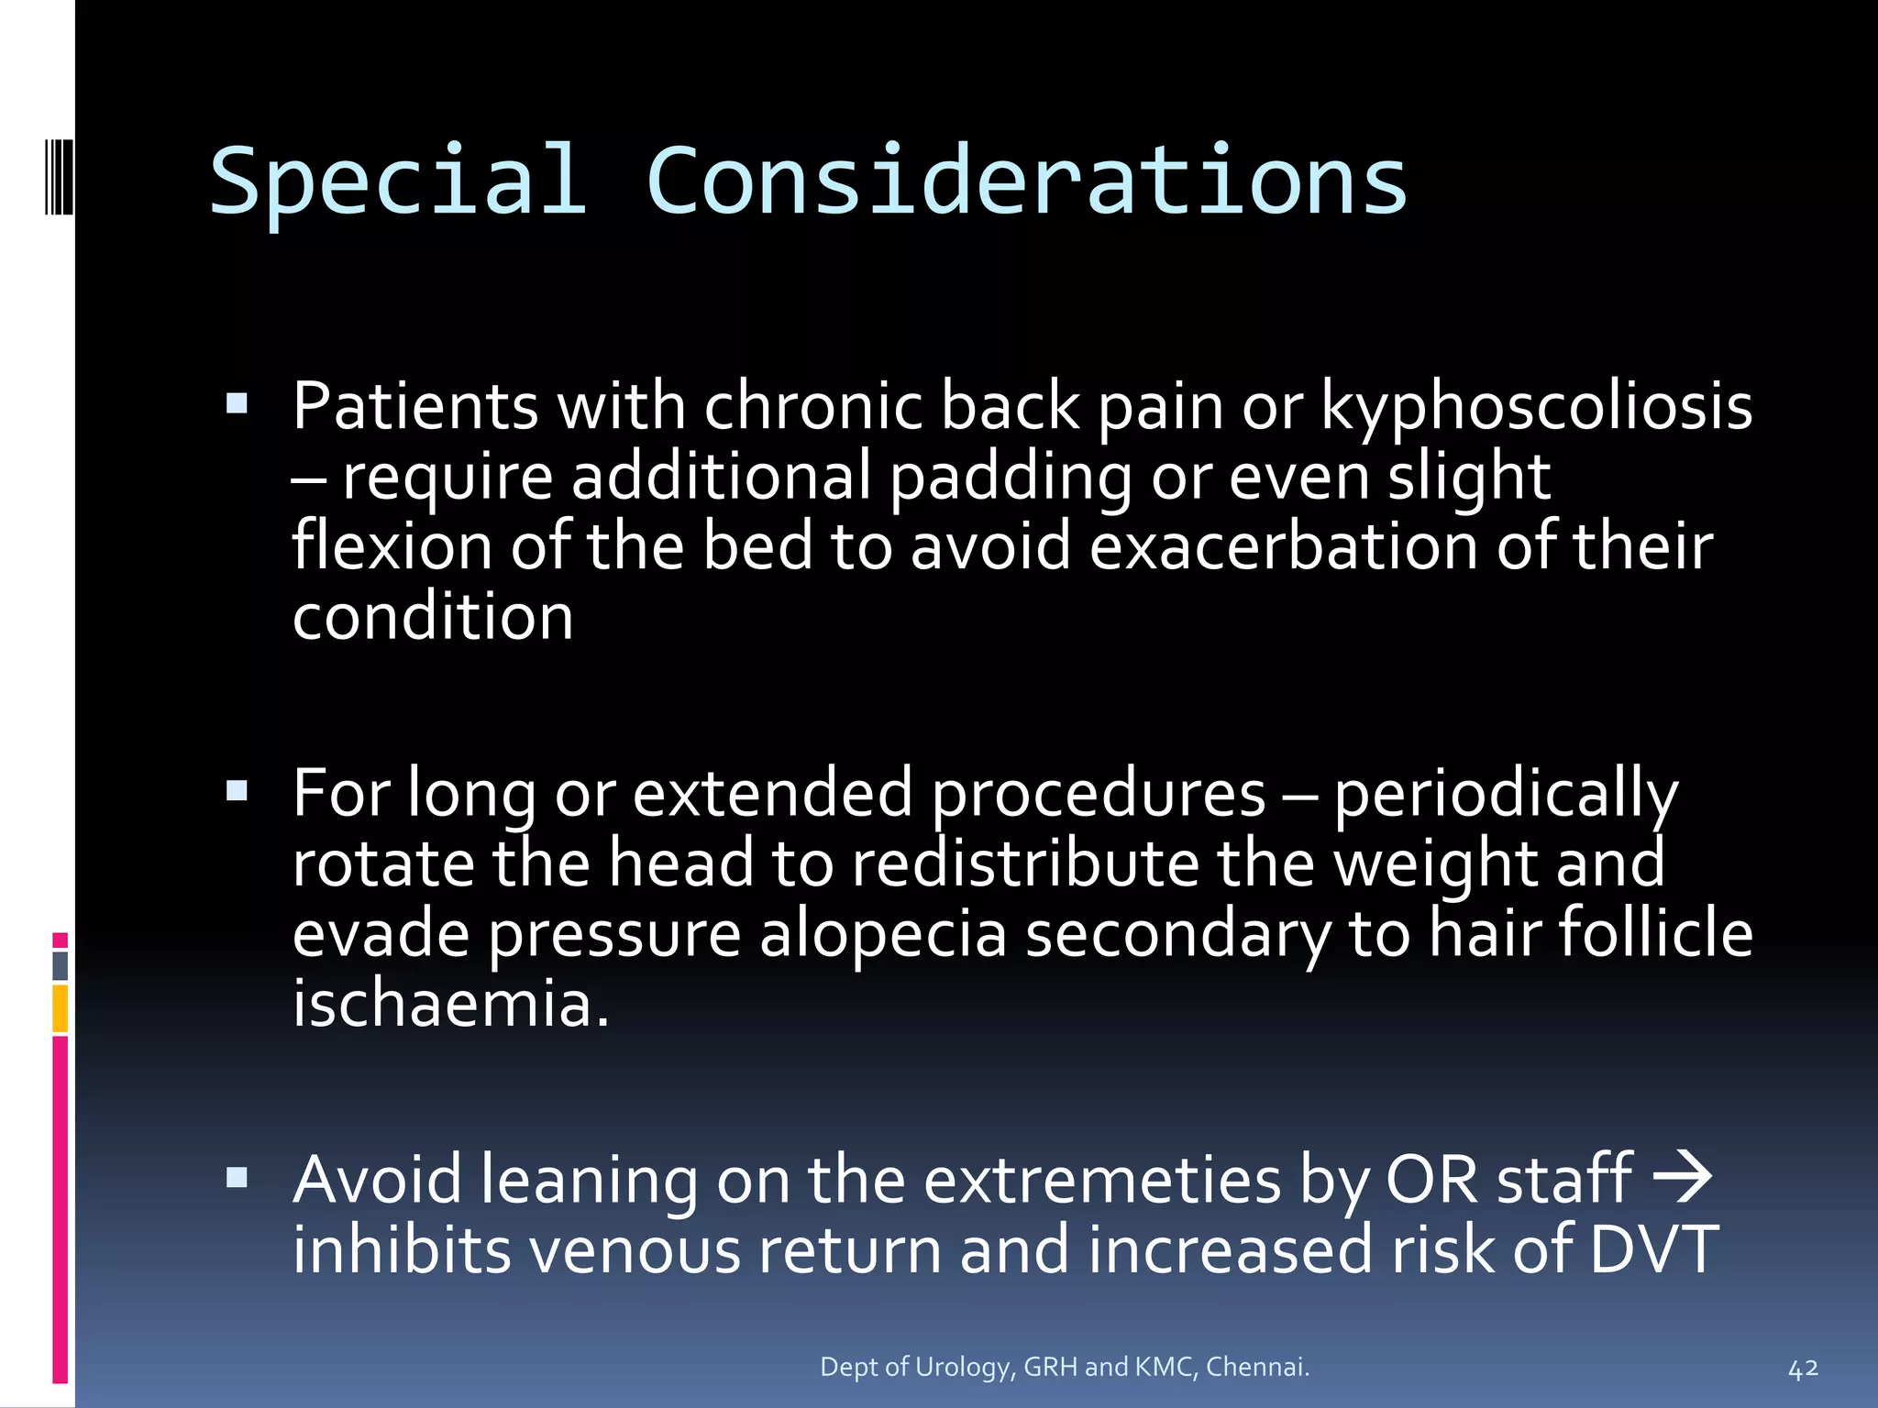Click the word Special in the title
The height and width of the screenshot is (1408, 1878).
[x=398, y=182]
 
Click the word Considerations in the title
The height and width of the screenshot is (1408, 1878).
[x=1026, y=182]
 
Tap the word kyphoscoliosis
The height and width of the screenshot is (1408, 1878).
[x=1536, y=407]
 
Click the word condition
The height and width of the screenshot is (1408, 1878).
[x=433, y=616]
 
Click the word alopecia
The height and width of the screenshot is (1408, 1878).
[x=882, y=934]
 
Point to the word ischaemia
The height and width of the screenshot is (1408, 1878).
[x=450, y=1004]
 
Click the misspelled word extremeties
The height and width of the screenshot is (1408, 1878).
[x=1101, y=1181]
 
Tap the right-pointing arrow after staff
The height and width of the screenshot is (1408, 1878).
[x=1682, y=1177]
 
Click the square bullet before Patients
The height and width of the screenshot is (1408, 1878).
[x=237, y=402]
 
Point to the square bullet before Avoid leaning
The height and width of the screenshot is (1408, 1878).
[x=237, y=1177]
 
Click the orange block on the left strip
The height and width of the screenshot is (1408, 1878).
[x=61, y=1008]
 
